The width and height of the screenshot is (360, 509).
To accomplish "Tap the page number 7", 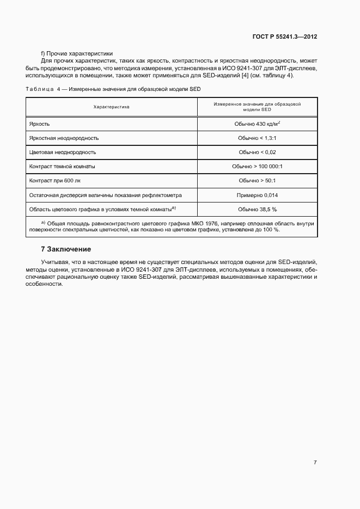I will [315, 462].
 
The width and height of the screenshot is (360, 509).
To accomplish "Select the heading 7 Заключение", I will [66, 249].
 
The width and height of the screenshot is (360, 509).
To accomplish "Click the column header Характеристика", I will [111, 107].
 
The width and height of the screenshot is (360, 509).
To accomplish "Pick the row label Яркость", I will [39, 124].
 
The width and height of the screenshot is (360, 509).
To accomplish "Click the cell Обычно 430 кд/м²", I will [257, 124].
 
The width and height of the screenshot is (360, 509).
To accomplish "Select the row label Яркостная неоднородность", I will [64, 138].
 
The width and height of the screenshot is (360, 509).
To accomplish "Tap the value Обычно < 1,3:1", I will [257, 138].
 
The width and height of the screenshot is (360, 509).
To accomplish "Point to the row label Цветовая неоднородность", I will [63, 152].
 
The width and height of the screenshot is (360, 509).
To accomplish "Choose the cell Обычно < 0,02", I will [257, 152].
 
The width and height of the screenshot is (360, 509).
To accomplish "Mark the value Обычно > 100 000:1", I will [257, 167].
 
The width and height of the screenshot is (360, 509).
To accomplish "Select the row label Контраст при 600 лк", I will [56, 180].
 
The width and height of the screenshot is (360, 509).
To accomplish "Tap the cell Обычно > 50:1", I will [257, 180].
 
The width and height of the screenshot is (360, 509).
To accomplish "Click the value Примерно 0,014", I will [257, 194].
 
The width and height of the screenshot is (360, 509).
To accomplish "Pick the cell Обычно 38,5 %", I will [257, 209].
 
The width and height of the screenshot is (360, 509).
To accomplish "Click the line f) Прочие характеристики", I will [77, 53].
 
